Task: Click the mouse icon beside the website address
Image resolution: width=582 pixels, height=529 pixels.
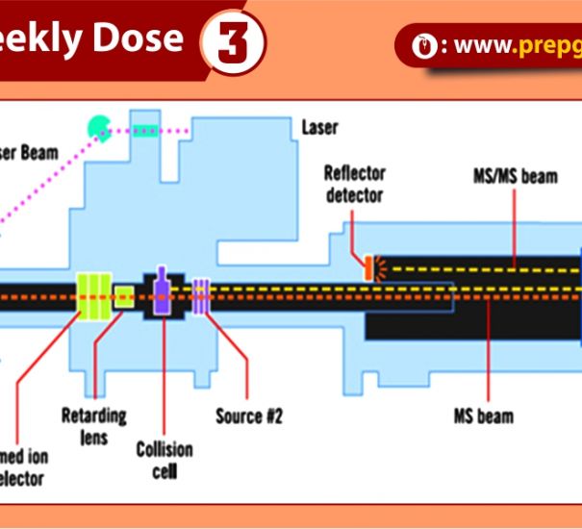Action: pyautogui.click(x=420, y=45)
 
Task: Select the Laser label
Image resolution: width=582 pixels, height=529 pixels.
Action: pyautogui.click(x=320, y=127)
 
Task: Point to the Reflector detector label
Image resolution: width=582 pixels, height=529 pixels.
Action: pyautogui.click(x=354, y=184)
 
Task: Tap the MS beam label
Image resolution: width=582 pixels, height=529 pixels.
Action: pyautogui.click(x=483, y=416)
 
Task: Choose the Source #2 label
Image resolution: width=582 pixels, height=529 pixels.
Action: pyautogui.click(x=249, y=416)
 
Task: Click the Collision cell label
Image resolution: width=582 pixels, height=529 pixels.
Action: pyautogui.click(x=164, y=460)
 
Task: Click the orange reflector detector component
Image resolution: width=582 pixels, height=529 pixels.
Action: pyautogui.click(x=367, y=267)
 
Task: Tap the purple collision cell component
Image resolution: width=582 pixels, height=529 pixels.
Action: pyautogui.click(x=162, y=292)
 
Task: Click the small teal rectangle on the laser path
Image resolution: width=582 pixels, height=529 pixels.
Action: pyautogui.click(x=145, y=129)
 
